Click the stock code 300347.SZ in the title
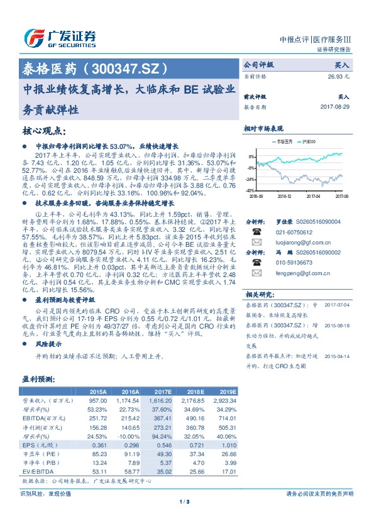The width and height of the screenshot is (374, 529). [x=134, y=67]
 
